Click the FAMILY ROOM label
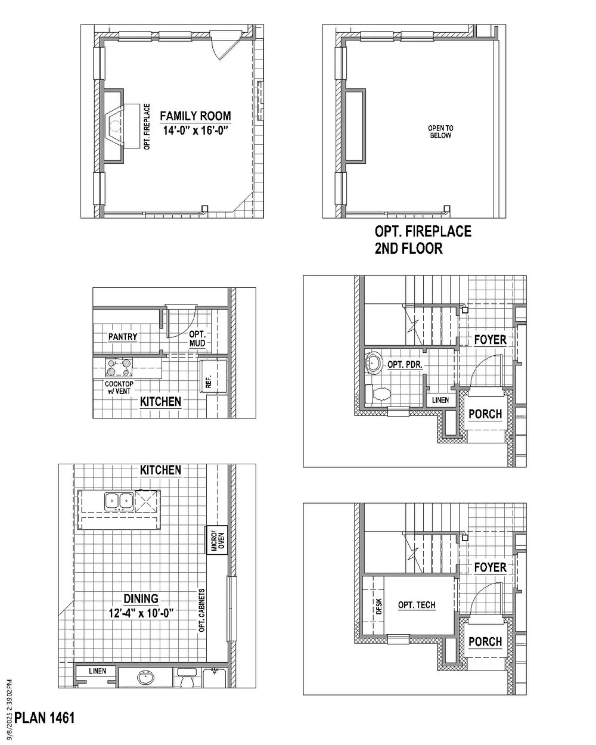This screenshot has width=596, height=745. coord(195,116)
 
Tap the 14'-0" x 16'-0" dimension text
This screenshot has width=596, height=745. coord(195,131)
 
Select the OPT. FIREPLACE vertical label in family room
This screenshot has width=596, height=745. coord(147,126)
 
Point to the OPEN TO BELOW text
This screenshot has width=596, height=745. coord(440,132)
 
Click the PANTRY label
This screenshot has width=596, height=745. coord(123,337)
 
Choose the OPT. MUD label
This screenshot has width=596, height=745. coord(197,339)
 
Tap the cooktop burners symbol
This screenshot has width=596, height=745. coord(119,368)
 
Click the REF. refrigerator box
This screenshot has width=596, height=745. coord(213,377)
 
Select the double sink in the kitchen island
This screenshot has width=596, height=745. coord(119,501)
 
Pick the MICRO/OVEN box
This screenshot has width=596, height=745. coord(216,541)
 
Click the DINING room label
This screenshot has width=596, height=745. coord(141,598)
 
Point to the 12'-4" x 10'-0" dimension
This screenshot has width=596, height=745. coord(141,613)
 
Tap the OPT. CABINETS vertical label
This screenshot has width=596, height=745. coord(202,610)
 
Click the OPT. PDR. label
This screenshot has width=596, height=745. coord(405,365)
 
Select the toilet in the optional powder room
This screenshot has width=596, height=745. coord(378,394)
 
